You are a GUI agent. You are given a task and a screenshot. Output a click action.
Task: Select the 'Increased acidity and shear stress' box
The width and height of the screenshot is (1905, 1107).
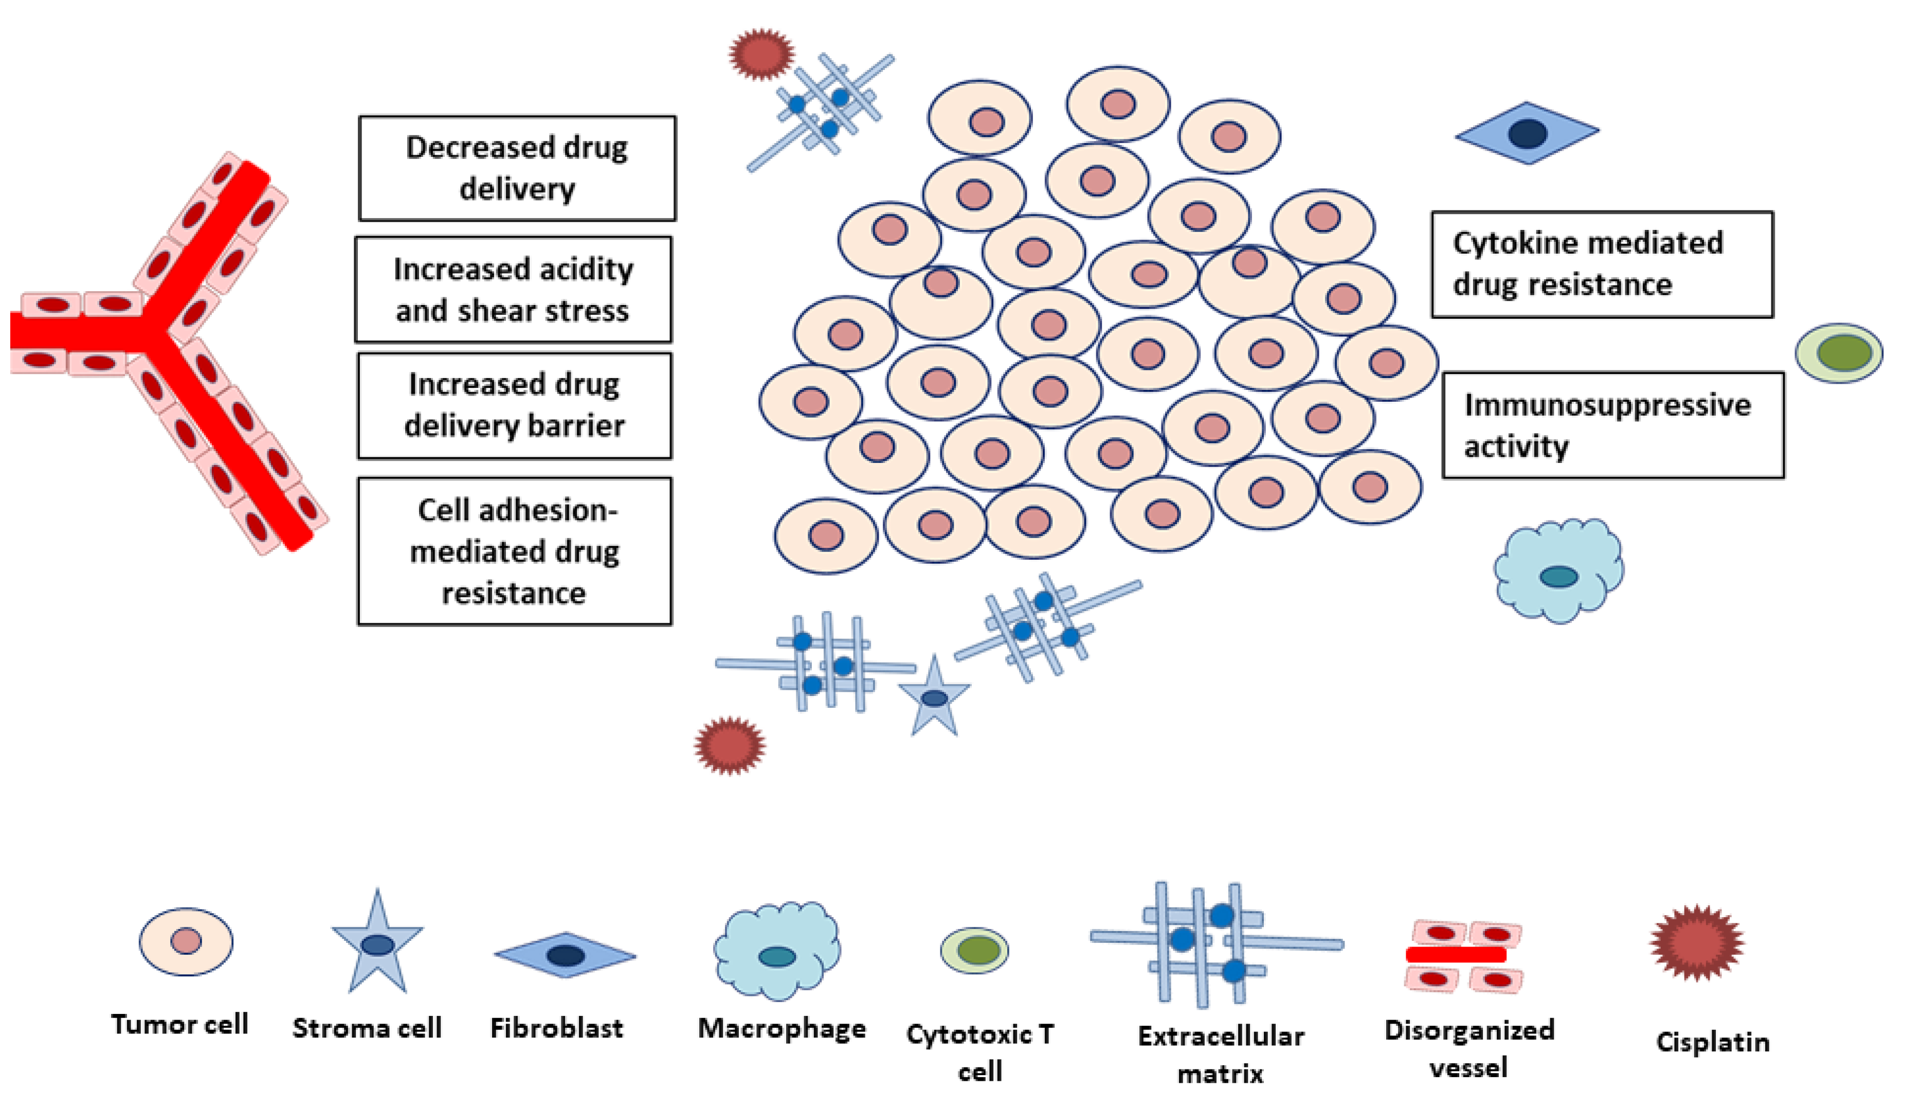pyautogui.click(x=513, y=290)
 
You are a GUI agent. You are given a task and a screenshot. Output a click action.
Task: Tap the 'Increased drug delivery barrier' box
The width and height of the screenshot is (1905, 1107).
pyautogui.click(x=514, y=405)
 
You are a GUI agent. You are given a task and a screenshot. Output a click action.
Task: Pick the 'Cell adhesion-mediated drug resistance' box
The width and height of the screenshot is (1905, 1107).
pyautogui.click(x=514, y=551)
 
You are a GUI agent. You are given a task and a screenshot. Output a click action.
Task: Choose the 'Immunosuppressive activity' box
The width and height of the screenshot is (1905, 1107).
pyautogui.click(x=1613, y=425)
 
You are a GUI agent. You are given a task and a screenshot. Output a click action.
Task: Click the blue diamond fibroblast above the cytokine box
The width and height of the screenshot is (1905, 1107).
pyautogui.click(x=1527, y=133)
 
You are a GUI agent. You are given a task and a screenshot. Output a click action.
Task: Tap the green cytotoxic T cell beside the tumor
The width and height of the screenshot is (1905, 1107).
pyautogui.click(x=1839, y=353)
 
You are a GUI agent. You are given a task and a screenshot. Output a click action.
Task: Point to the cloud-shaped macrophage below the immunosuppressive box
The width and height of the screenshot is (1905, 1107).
pyautogui.click(x=1559, y=571)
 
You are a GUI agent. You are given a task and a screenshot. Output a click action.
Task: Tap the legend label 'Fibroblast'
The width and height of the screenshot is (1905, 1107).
pyautogui.click(x=557, y=1028)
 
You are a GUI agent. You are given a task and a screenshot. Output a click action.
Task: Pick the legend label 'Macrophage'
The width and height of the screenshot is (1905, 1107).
pyautogui.click(x=782, y=1028)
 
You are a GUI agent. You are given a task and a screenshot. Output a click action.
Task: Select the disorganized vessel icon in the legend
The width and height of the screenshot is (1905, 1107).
pyautogui.click(x=1463, y=956)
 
